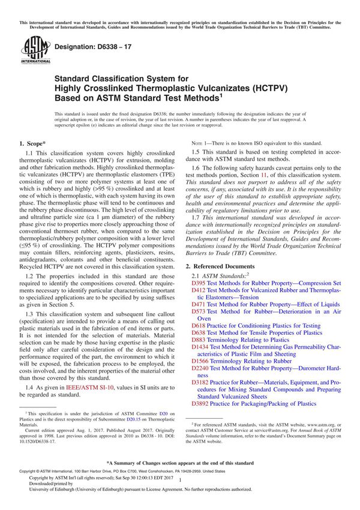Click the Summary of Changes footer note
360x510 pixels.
pyautogui.click(x=179, y=464)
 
